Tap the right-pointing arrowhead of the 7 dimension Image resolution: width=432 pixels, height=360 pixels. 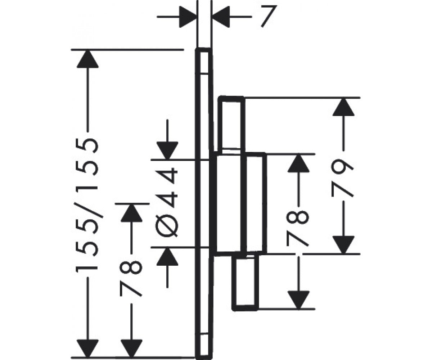click(188, 17)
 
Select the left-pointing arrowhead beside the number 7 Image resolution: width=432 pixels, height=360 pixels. click(221, 17)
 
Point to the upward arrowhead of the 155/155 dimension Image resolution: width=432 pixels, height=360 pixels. click(87, 59)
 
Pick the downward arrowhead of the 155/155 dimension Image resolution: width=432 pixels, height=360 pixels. click(87, 348)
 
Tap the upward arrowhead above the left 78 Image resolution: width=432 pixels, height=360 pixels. click(132, 213)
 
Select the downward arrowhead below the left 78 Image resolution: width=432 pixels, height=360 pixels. click(132, 348)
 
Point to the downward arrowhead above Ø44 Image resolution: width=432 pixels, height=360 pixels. click(167, 150)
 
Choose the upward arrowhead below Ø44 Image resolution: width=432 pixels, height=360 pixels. click(167, 257)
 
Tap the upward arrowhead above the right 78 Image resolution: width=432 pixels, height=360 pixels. click(298, 163)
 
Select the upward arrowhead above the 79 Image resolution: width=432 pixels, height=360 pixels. click(343, 107)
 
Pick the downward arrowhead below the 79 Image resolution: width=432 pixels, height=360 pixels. click(343, 245)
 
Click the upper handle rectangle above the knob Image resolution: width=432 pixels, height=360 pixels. click(231, 126)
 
